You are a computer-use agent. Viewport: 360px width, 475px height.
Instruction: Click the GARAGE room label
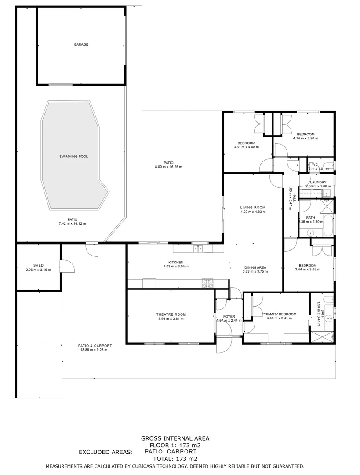tap(80, 44)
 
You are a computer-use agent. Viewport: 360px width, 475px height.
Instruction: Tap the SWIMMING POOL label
tap(74, 157)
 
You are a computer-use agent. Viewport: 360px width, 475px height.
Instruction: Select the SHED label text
tap(38, 265)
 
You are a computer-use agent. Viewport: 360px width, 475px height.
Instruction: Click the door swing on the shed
tap(67, 266)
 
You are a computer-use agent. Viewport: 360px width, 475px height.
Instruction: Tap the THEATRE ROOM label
tap(171, 314)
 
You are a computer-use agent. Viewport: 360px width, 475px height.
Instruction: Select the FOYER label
tap(229, 316)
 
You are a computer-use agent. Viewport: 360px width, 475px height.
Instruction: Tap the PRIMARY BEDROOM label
tap(280, 314)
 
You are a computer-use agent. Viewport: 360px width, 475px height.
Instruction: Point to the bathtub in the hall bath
tap(327, 225)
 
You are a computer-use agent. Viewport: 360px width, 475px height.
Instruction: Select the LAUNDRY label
tap(317, 182)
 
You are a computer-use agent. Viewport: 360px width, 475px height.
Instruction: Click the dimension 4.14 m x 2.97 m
tap(305, 138)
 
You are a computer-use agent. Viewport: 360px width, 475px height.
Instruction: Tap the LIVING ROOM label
tap(252, 207)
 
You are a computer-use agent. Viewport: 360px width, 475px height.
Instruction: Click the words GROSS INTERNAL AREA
tap(175, 438)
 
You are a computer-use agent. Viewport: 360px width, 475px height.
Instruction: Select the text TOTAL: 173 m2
tap(175, 458)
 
